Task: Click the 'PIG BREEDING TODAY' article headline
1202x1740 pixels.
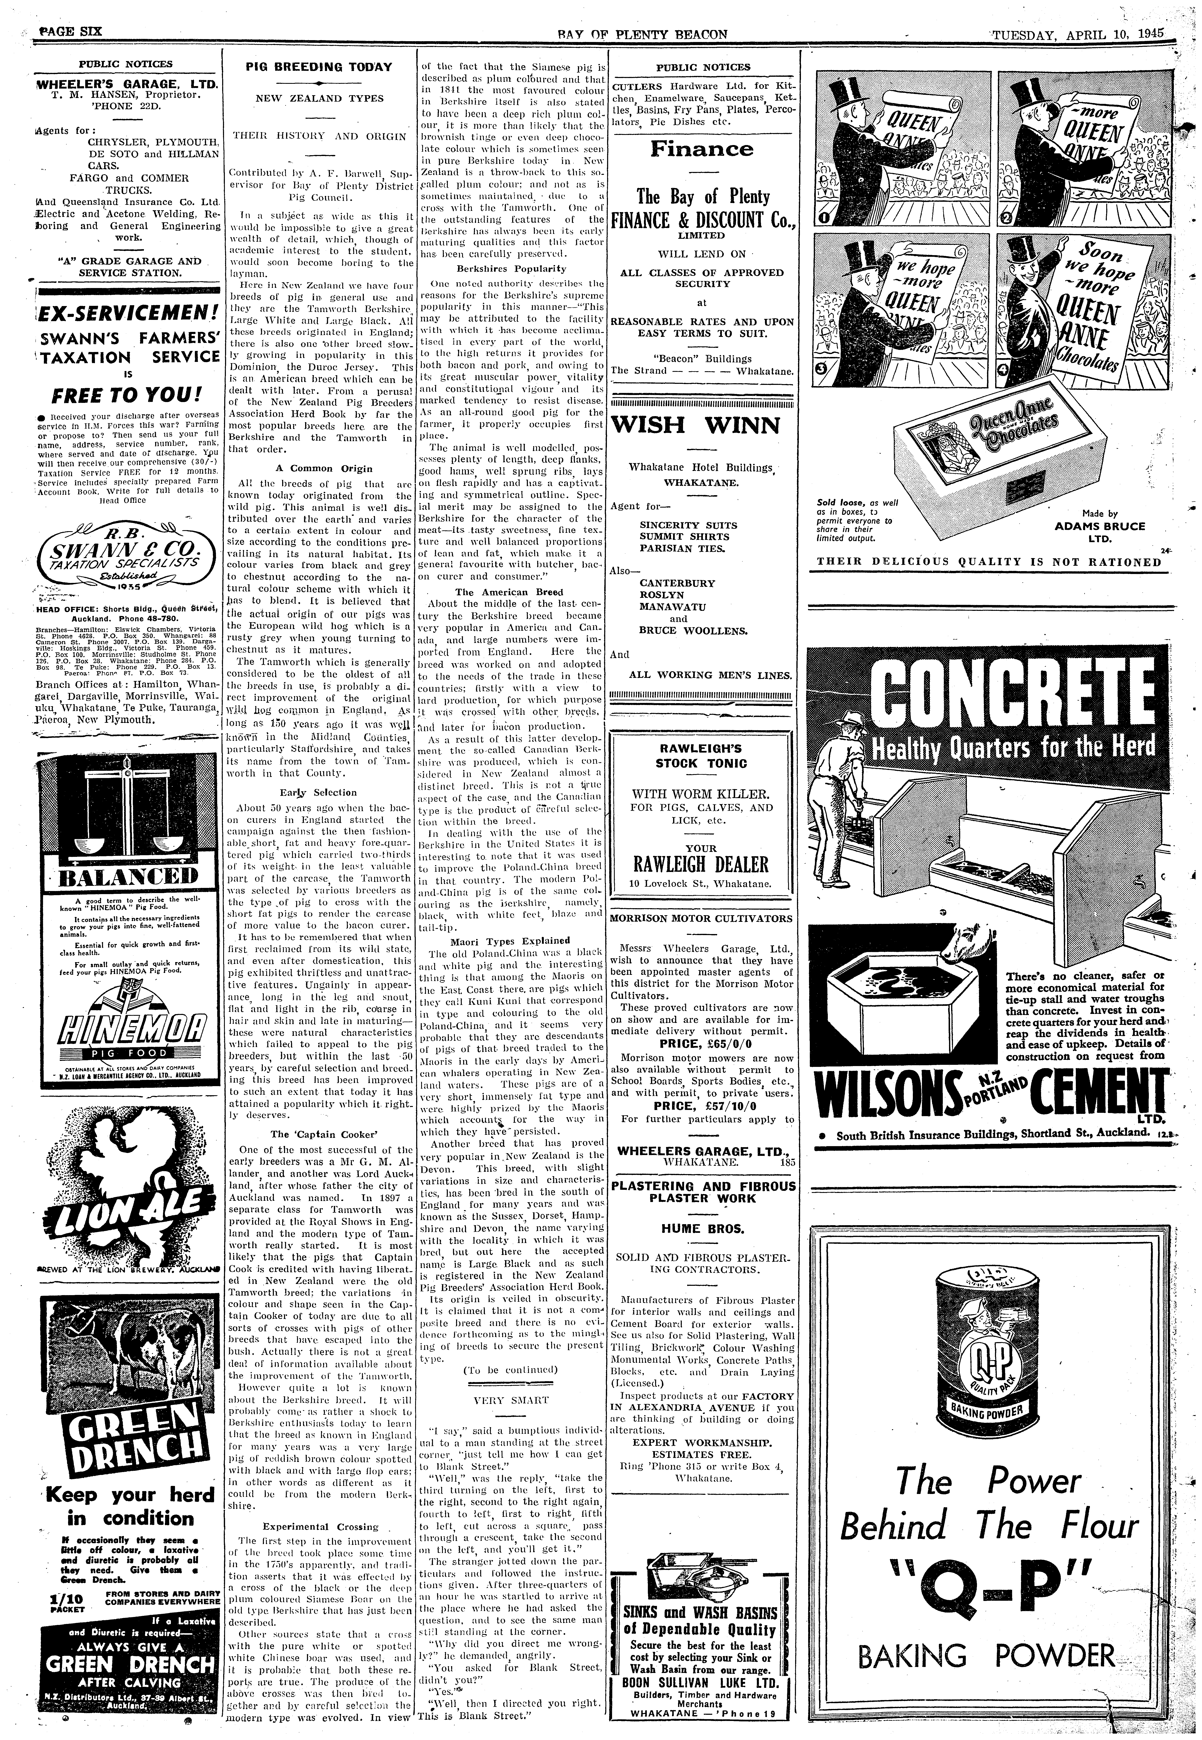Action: click(319, 67)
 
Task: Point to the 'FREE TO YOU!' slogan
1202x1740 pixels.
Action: click(127, 394)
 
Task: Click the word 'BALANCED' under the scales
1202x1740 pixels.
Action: click(127, 876)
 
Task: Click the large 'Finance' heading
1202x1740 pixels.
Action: click(702, 148)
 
